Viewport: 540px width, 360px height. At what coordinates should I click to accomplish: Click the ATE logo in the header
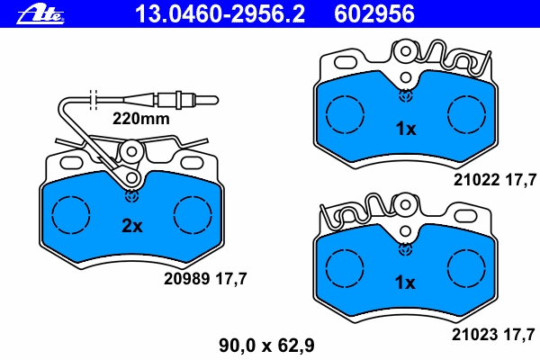click(x=40, y=13)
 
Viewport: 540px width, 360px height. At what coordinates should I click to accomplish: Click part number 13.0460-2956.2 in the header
click(x=220, y=14)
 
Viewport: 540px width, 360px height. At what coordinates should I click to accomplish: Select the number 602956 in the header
click(x=374, y=14)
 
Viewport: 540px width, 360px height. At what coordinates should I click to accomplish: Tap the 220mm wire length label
click(x=141, y=119)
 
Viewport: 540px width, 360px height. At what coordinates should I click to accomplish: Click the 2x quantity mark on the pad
click(x=132, y=226)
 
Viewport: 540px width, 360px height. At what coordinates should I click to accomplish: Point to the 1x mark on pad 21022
click(x=406, y=129)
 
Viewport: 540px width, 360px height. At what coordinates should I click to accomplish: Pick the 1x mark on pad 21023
click(x=405, y=283)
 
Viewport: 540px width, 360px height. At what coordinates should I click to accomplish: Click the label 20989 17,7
click(x=205, y=279)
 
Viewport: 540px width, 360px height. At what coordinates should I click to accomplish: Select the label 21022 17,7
click(x=495, y=180)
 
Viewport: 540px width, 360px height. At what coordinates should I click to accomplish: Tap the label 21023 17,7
click(x=493, y=334)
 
